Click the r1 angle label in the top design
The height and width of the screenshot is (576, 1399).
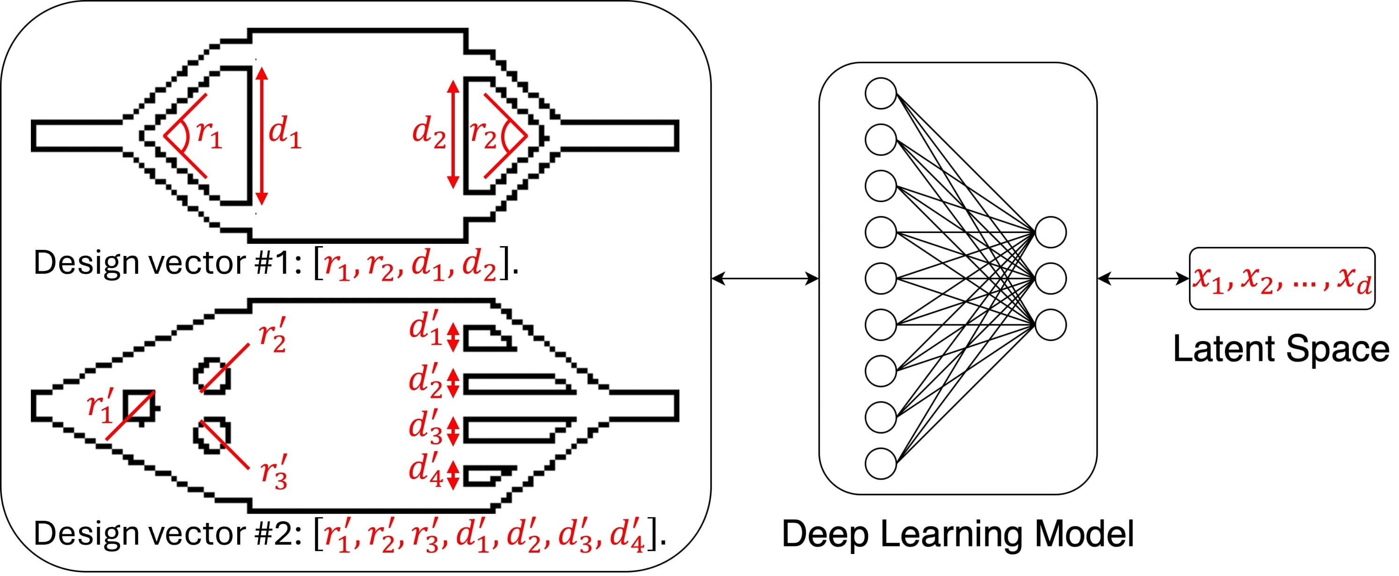point(209,135)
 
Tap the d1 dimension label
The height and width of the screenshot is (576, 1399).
point(284,133)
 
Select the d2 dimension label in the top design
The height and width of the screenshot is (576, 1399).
point(429,133)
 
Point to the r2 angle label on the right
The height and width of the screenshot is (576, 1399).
point(483,135)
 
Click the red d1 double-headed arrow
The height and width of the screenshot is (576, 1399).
point(262,136)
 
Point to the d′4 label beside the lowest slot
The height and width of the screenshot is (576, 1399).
point(425,469)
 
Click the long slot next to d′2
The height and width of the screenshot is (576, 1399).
point(516,384)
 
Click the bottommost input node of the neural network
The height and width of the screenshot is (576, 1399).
point(881,464)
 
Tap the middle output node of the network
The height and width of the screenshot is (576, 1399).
point(1051,278)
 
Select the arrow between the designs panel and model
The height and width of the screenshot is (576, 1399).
point(765,279)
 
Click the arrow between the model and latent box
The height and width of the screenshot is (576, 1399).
point(1143,279)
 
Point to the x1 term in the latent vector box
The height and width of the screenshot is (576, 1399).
point(1209,280)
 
